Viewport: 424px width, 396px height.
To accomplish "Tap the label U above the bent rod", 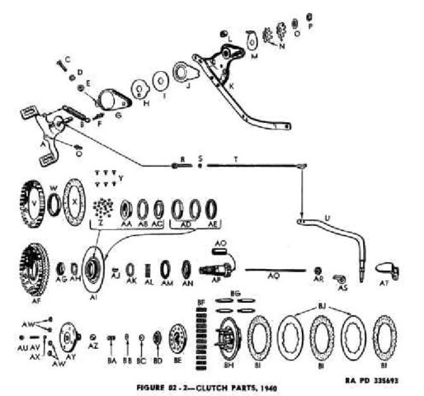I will pyautogui.click(x=327, y=215).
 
